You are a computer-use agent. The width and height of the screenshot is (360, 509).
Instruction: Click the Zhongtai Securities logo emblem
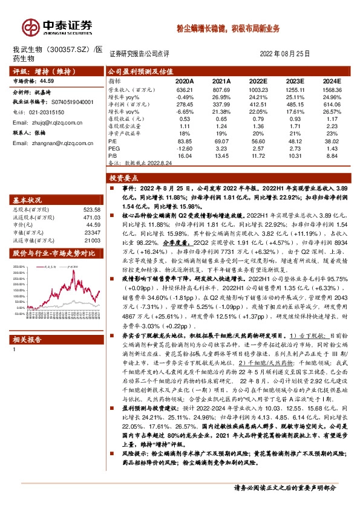30,27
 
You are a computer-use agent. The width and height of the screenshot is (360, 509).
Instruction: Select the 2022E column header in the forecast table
258,80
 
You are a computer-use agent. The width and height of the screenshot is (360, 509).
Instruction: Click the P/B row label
113,155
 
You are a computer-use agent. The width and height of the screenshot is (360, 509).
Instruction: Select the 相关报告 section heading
28,340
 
